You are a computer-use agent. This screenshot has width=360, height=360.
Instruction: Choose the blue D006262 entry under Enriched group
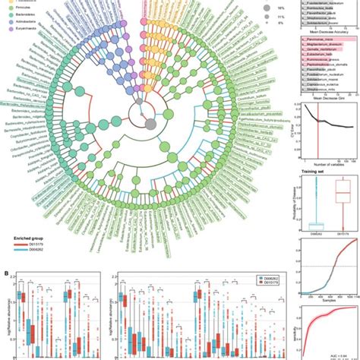pyautogui.click(x=31, y=254)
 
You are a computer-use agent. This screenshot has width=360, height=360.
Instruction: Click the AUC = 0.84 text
pyautogui.click(x=337, y=354)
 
